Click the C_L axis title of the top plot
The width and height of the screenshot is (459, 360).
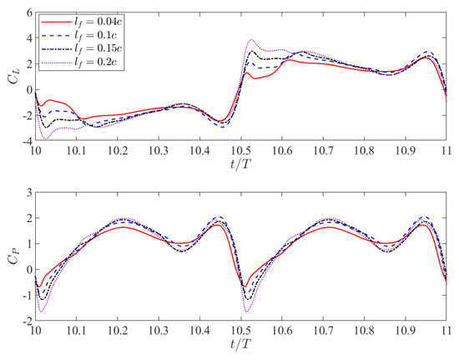click(9, 77)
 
